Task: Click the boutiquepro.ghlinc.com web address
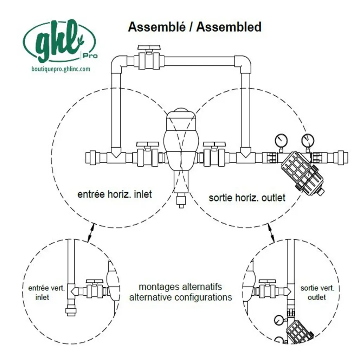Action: pos(61,69)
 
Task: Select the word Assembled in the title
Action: pos(229,27)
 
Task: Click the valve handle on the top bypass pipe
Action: pos(149,48)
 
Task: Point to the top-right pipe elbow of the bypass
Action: pos(243,64)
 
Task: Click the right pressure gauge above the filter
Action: pos(308,140)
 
